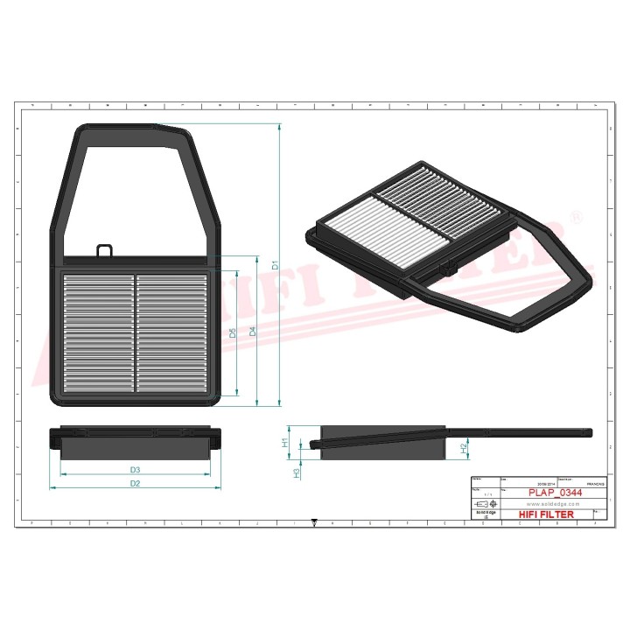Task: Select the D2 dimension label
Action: pos(135,483)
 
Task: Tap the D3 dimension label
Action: pos(136,471)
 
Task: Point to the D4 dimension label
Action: pos(253,332)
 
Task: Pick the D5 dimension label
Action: pos(233,332)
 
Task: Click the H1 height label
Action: pos(285,443)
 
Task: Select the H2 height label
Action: pos(463,448)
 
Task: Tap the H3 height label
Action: pos(296,472)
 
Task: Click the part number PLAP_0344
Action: pos(555,493)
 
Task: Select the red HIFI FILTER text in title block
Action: pos(547,514)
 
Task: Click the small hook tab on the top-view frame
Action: pos(105,251)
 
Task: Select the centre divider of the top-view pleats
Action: pos(135,332)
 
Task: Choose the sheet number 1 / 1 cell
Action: pos(484,494)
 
